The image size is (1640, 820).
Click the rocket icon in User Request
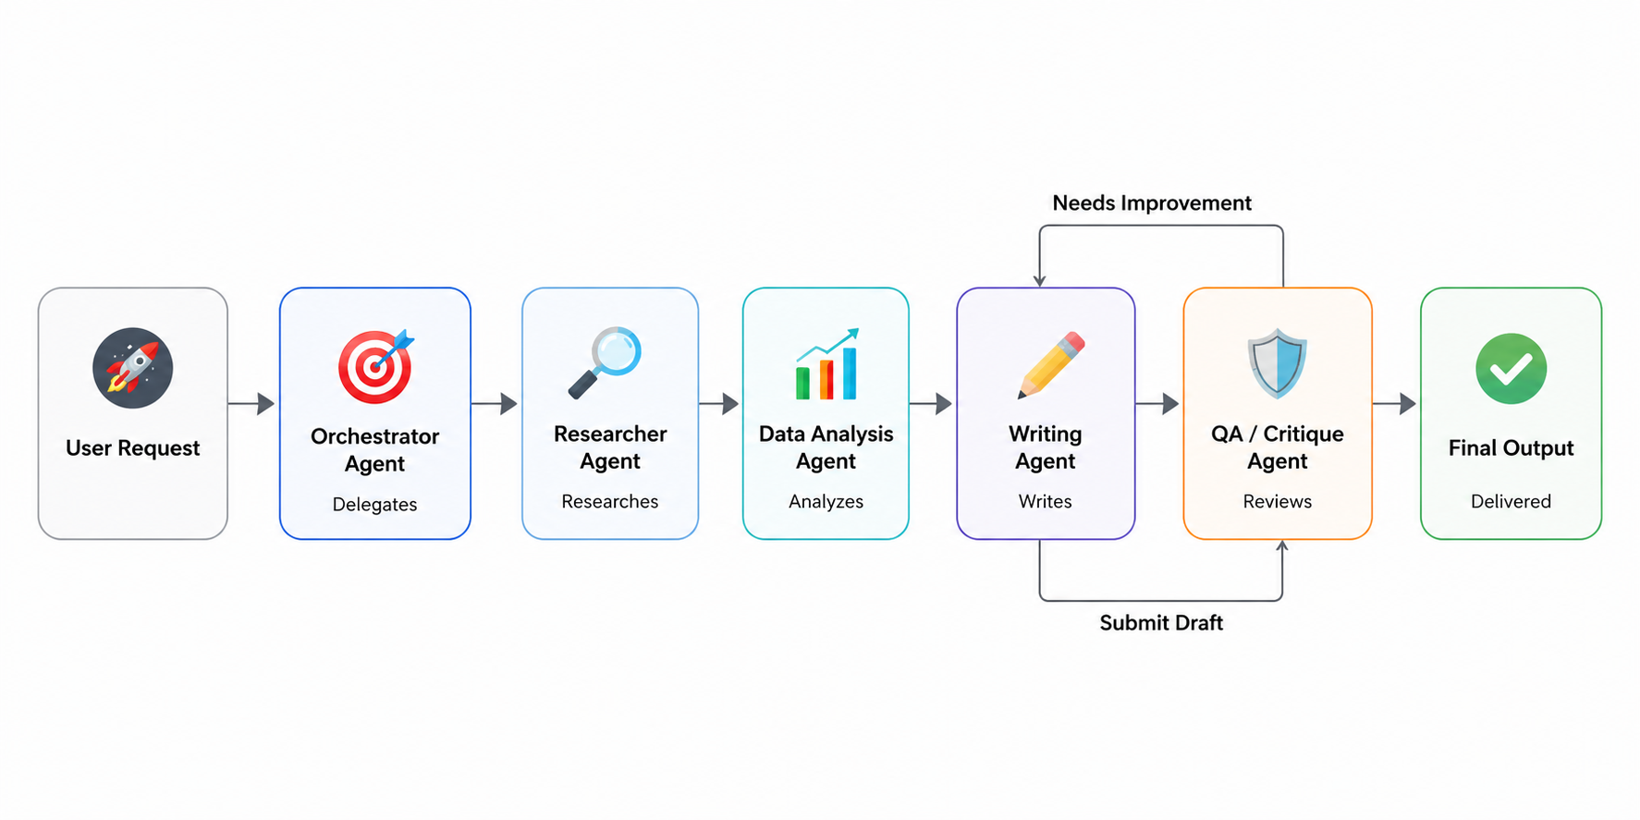click(132, 368)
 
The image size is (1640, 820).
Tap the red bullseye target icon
click(375, 366)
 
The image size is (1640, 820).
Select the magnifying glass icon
click(605, 361)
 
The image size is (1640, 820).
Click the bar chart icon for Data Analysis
click(827, 364)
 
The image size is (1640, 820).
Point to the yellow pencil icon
click(1051, 364)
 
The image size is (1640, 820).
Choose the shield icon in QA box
click(1277, 362)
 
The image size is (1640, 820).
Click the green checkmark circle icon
click(1511, 368)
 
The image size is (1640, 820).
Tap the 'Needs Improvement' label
click(1152, 202)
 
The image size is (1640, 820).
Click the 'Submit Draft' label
click(1161, 622)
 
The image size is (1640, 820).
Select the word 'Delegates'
click(374, 504)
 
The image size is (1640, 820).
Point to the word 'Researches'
click(610, 501)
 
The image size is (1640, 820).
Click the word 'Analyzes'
click(826, 501)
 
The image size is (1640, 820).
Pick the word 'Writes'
click(1045, 501)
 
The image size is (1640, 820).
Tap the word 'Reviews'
click(1277, 501)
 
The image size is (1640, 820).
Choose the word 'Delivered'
click(1511, 501)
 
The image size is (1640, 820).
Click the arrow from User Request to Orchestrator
click(251, 403)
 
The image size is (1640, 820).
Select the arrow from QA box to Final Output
click(1394, 403)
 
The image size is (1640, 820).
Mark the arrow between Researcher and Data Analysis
click(719, 403)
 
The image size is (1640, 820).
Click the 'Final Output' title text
click(1511, 447)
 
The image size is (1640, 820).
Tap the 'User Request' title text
click(132, 448)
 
